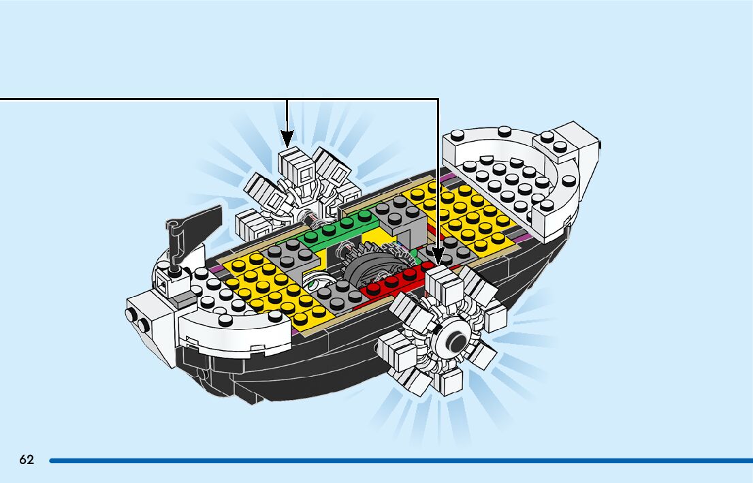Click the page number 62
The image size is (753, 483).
[x=27, y=460]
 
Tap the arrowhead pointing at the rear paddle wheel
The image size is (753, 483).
[x=287, y=138]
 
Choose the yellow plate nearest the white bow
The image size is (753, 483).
[x=470, y=211]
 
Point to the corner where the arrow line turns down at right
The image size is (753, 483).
[x=438, y=99]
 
